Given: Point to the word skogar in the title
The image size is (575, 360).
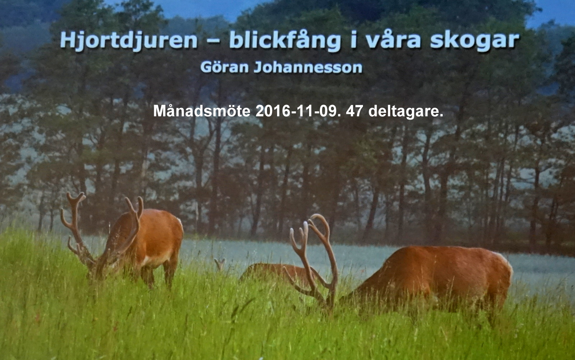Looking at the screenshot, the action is click(475, 41).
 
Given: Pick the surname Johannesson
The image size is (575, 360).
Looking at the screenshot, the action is click(308, 67).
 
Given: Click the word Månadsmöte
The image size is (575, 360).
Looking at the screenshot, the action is click(202, 111).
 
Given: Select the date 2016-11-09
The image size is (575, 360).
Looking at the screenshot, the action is click(298, 111).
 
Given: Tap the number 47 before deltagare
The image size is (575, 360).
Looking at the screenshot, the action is click(354, 111).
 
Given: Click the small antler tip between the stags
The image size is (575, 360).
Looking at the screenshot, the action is click(220, 264).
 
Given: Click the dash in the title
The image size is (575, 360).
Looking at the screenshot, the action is click(213, 42).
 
